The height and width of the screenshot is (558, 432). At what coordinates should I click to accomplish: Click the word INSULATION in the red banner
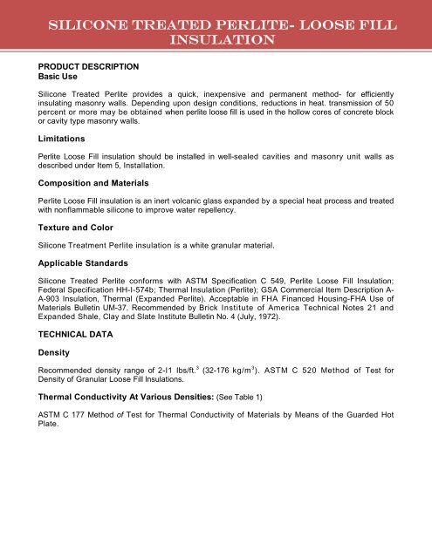point(215,40)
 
